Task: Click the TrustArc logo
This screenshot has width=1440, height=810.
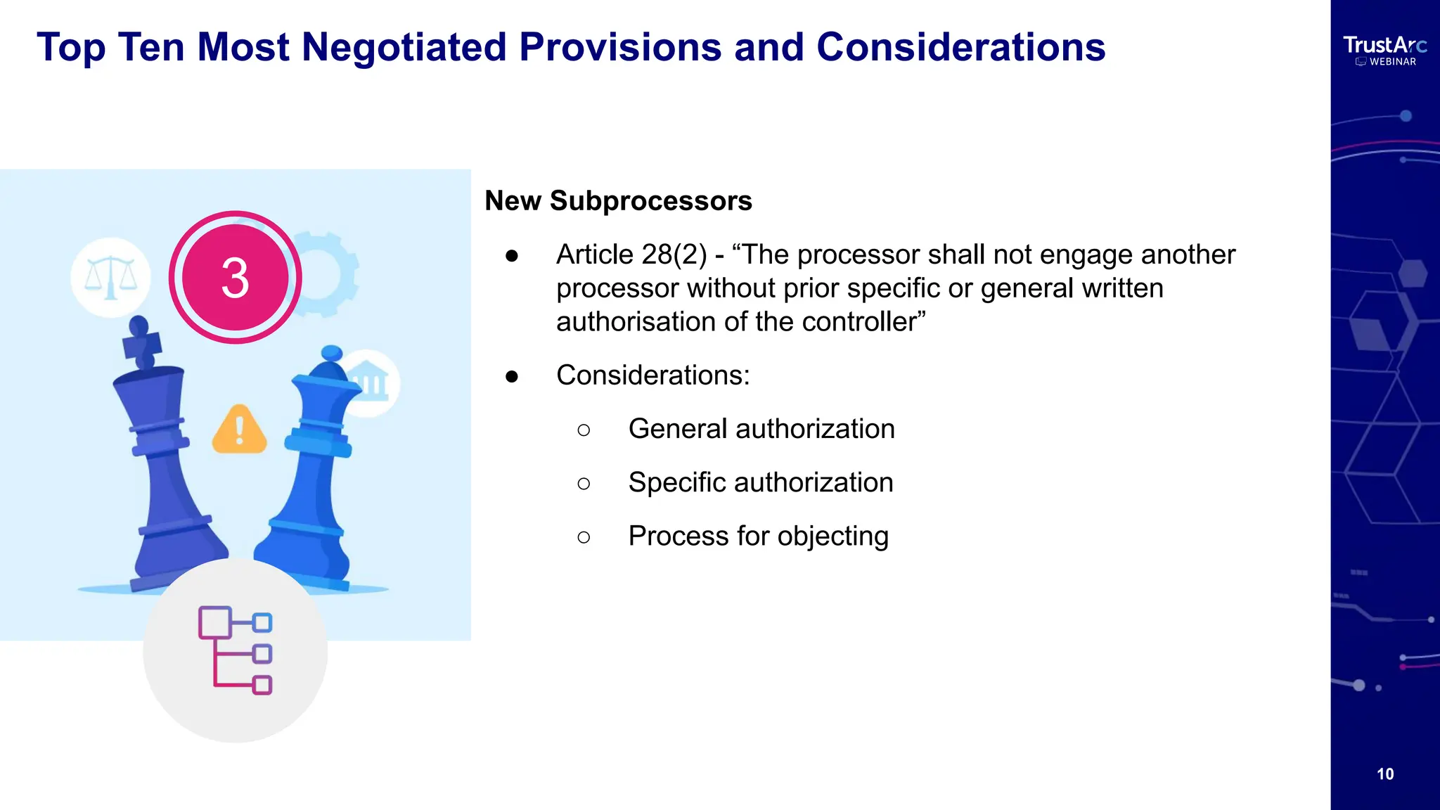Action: [1384, 46]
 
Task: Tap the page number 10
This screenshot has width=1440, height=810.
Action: [1384, 774]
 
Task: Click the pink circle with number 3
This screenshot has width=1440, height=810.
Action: [235, 277]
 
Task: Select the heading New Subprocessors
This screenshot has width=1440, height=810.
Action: [618, 201]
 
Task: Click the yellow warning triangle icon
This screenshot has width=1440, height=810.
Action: [239, 430]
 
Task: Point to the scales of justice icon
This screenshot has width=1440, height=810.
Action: [110, 277]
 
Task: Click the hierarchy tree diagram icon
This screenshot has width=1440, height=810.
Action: [236, 650]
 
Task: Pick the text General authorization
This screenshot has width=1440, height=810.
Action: [761, 429]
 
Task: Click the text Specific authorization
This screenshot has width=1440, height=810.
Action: [760, 483]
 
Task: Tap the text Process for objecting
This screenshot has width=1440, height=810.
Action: [758, 536]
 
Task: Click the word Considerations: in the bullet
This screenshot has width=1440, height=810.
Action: [652, 375]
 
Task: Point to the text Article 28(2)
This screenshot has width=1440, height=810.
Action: [631, 255]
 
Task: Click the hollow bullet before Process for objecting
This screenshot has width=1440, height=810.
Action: [584, 538]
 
